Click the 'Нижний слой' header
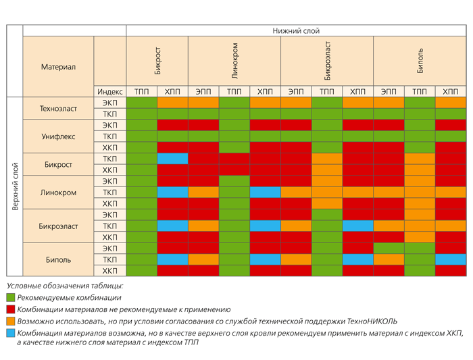pyautogui.click(x=296, y=31)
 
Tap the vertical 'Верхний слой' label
pyautogui.click(x=15, y=186)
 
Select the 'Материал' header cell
pyautogui.click(x=58, y=67)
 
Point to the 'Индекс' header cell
pyautogui.click(x=109, y=91)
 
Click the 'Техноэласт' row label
pyautogui.click(x=58, y=108)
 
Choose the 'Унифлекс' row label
pyautogui.click(x=58, y=136)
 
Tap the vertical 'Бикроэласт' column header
pyautogui.click(x=327, y=61)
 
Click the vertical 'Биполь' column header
pyautogui.click(x=420, y=61)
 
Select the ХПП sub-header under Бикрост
pyautogui.click(x=172, y=91)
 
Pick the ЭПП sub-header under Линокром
pyautogui.click(x=203, y=91)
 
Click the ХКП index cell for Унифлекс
pyautogui.click(x=109, y=147)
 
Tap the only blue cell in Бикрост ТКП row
pyautogui.click(x=172, y=159)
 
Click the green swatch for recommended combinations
pyautogui.click(x=11, y=298)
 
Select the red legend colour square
pyautogui.click(x=11, y=309)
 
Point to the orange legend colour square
pyautogui.click(x=11, y=321)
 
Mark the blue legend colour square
pyautogui.click(x=11, y=333)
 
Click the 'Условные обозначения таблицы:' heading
pyautogui.click(x=65, y=286)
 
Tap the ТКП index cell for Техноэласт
pyautogui.click(x=109, y=114)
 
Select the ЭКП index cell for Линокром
pyautogui.click(x=109, y=181)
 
